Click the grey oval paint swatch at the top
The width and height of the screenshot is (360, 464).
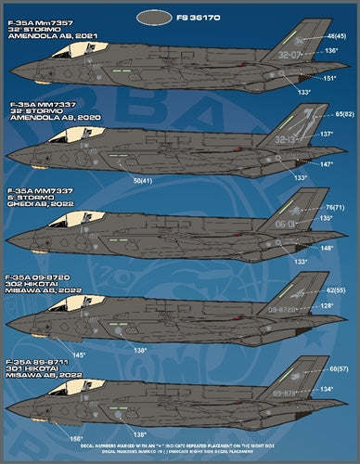pos(153,16)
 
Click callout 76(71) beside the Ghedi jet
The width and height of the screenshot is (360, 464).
pos(328,207)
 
